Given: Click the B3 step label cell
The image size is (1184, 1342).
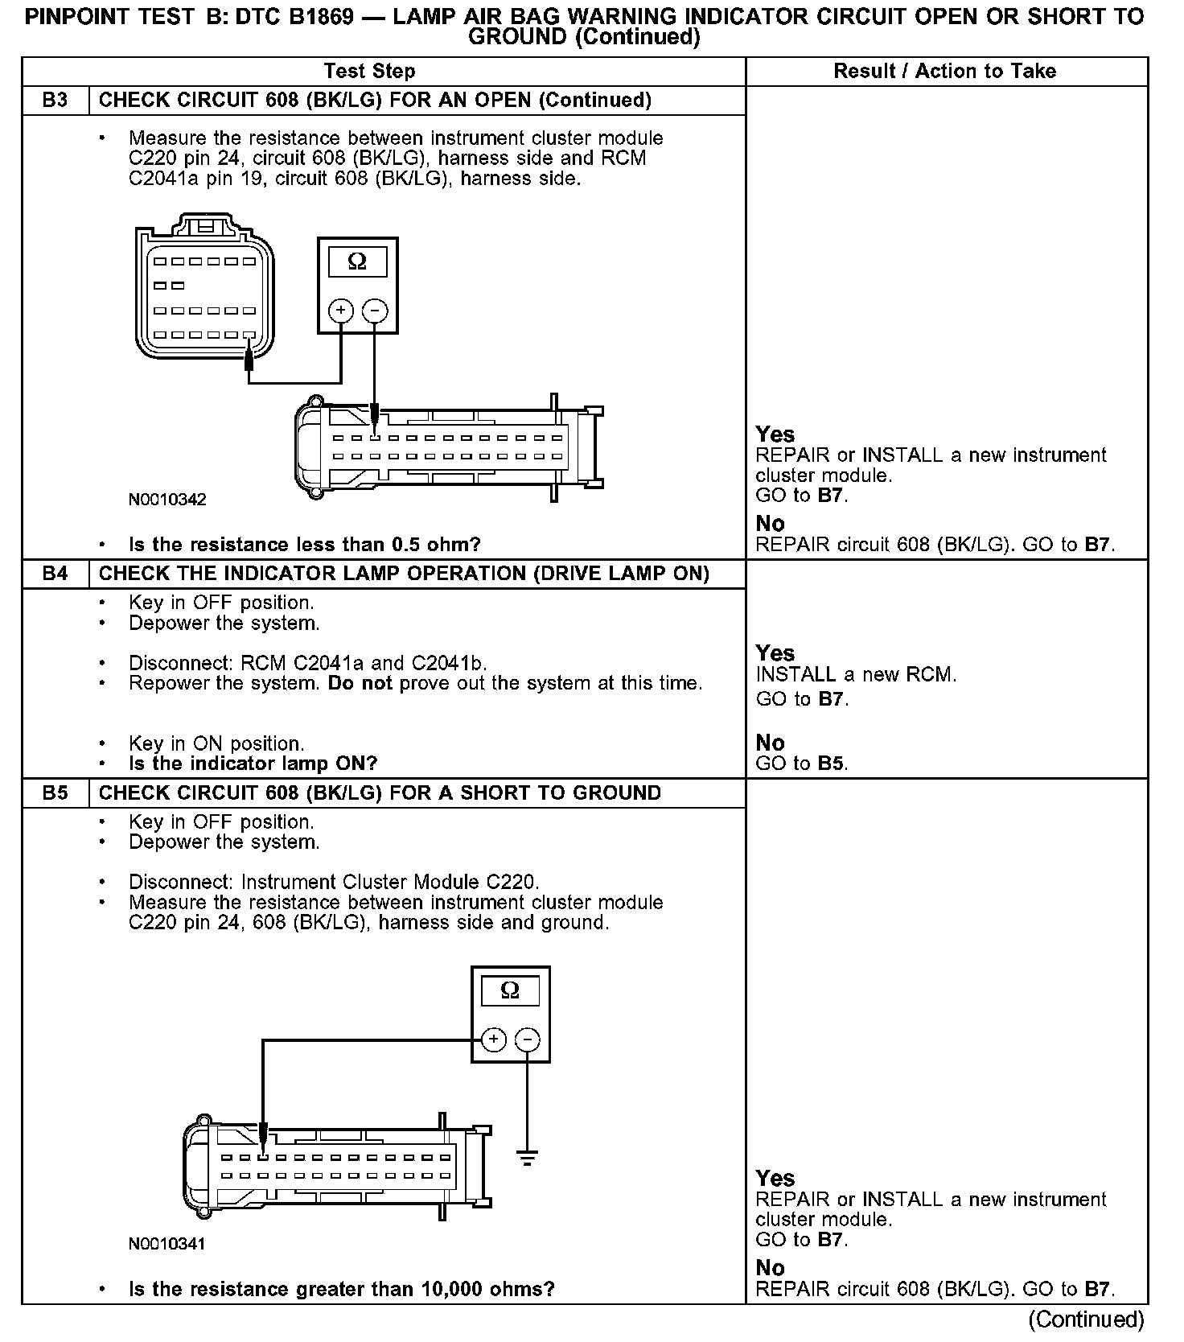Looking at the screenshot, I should (55, 101).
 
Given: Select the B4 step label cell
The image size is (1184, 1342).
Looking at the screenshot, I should (55, 574).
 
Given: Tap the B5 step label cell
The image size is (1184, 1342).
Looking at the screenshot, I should (55, 793).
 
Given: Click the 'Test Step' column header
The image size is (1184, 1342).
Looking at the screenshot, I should (369, 72).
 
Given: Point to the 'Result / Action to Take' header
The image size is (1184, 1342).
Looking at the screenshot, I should (944, 72).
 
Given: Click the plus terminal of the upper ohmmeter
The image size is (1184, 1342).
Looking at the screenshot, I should (341, 311).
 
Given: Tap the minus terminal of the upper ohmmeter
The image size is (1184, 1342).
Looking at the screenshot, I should (375, 311).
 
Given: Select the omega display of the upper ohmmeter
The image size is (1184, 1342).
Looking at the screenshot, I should (357, 262).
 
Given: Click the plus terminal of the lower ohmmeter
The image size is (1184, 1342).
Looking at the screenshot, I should (494, 1039).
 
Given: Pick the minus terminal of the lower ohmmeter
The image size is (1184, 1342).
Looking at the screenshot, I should (528, 1039).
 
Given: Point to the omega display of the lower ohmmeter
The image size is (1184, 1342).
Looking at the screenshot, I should (510, 991).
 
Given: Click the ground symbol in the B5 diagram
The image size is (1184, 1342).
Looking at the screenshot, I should (528, 1159).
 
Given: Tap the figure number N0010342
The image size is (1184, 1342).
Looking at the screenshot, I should (167, 500).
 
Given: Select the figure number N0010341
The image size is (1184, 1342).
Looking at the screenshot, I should (167, 1244).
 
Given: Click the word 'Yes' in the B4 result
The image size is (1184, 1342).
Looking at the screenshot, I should (775, 653).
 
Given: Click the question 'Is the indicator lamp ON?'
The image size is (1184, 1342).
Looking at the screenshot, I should (253, 764).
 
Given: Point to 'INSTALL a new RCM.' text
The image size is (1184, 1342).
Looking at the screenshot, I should (856, 675).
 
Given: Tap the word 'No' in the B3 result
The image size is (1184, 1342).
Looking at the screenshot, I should (770, 524).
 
